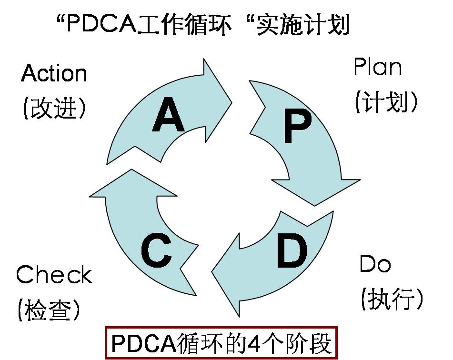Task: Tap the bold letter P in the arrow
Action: pos(297,126)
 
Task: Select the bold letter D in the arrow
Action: pos(292,251)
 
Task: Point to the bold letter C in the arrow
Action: pos(156,252)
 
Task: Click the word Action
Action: pos(54,73)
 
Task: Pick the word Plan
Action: pos(377,67)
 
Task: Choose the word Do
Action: pos(375,264)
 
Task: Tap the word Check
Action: pos(53,275)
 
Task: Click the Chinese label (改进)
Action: pos(54,109)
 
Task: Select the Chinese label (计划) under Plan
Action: pos(386,101)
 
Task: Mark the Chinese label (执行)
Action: pos(392,299)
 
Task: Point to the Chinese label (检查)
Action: pos(49,310)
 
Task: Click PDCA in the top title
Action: pos(101,24)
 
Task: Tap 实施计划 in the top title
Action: pos(302,24)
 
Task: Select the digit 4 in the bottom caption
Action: pos(256,343)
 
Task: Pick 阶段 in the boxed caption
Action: pos(311,343)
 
